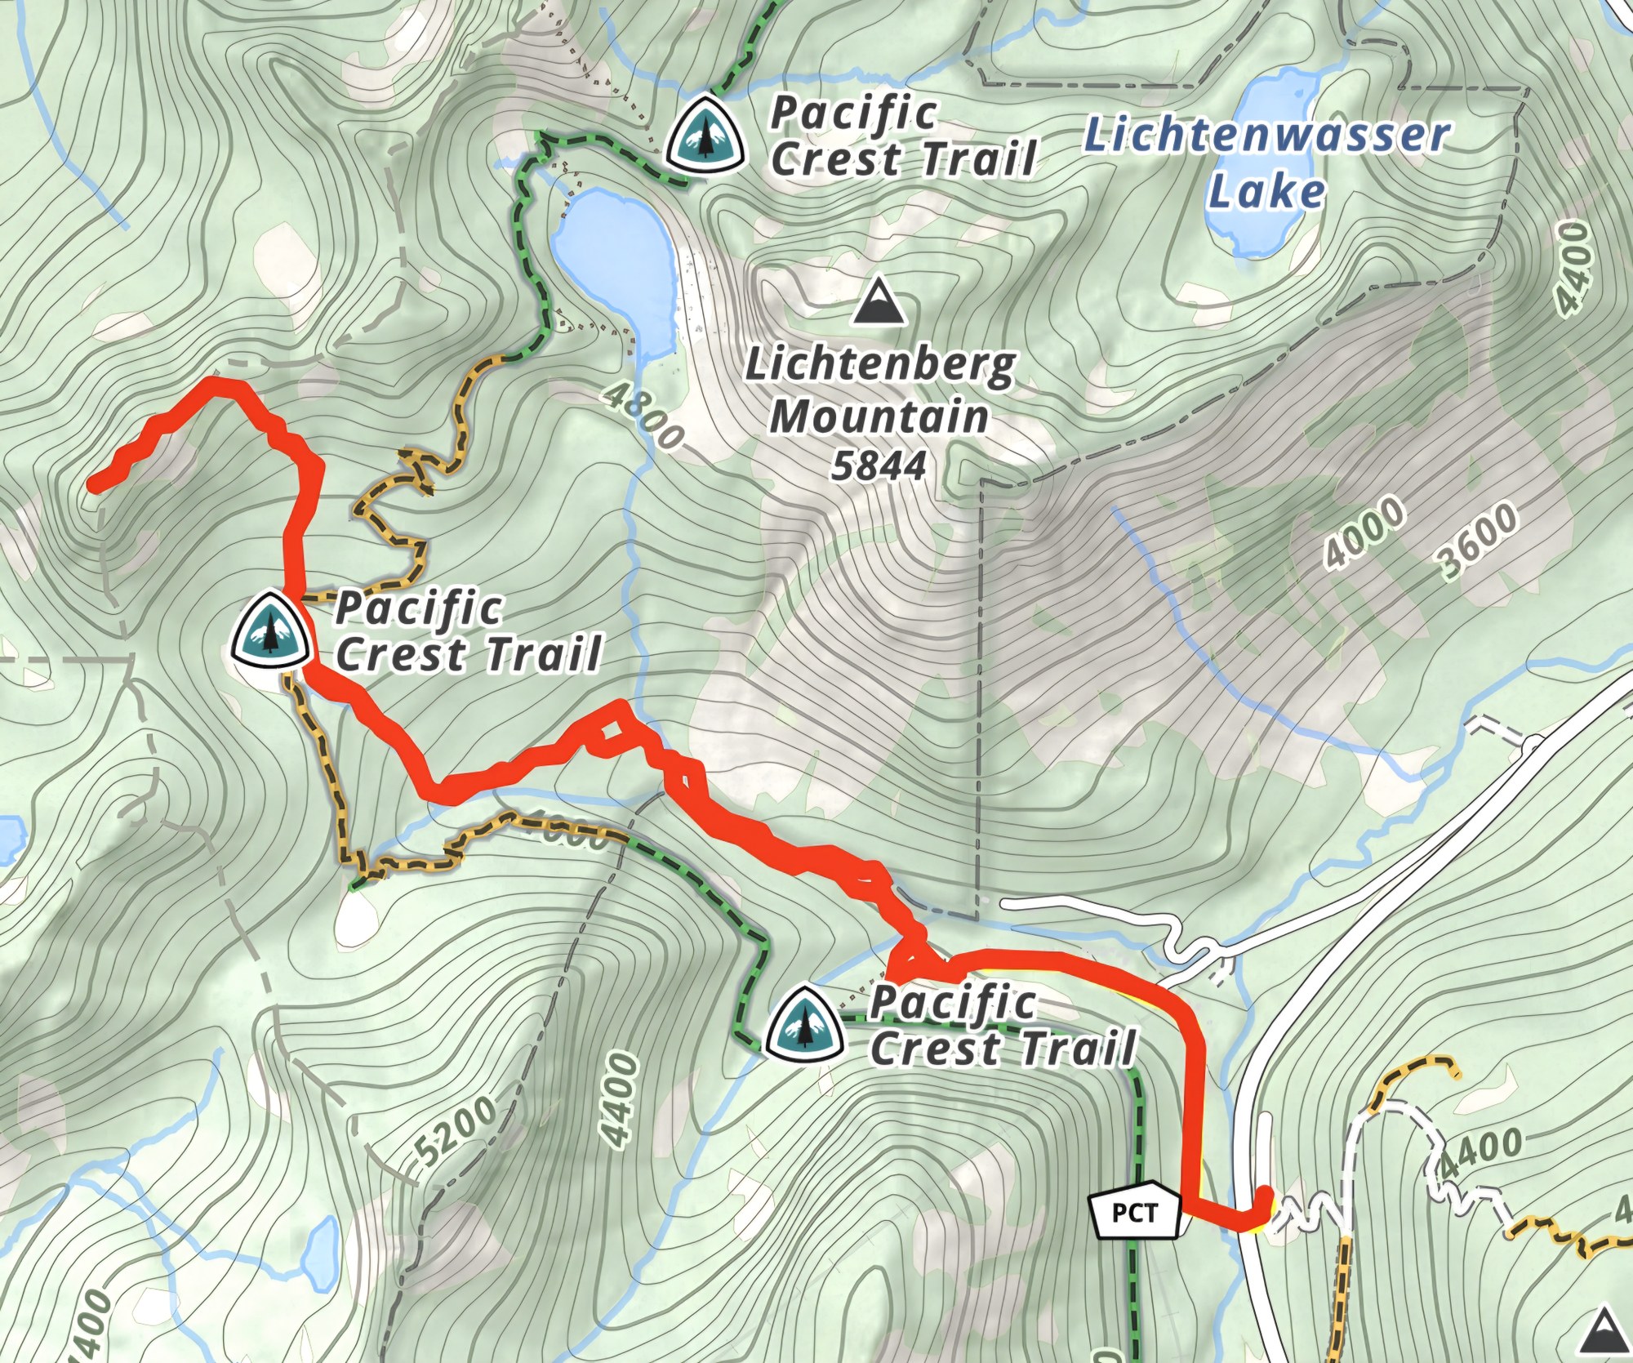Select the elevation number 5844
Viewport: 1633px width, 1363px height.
879,465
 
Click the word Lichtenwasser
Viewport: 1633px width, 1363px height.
1266,137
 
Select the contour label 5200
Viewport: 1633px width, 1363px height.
454,1130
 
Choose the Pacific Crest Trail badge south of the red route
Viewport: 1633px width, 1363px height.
804,1022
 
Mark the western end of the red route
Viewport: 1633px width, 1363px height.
94,485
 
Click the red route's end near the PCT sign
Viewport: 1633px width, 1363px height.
1266,1194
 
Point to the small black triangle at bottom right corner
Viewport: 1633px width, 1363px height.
1604,1333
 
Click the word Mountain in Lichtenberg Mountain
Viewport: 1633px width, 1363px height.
879,416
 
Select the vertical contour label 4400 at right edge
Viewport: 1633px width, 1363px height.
1575,269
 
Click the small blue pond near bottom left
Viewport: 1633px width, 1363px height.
320,1249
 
